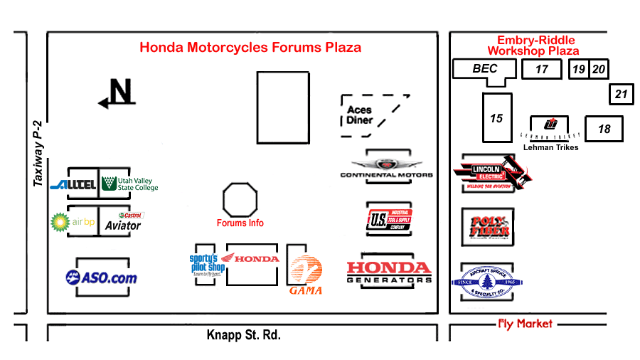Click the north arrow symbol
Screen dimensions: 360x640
pos(117,92)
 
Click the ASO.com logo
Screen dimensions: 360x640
pos(101,277)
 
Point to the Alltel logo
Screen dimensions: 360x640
pos(73,185)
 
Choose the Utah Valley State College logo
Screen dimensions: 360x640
pos(129,184)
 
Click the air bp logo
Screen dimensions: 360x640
pos(73,221)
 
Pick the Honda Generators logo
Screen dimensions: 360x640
pos(388,272)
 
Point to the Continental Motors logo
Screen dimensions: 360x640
pos(386,169)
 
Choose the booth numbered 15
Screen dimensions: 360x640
pos(496,118)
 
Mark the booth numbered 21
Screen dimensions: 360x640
pos(622,94)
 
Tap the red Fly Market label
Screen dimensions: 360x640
pos(525,324)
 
